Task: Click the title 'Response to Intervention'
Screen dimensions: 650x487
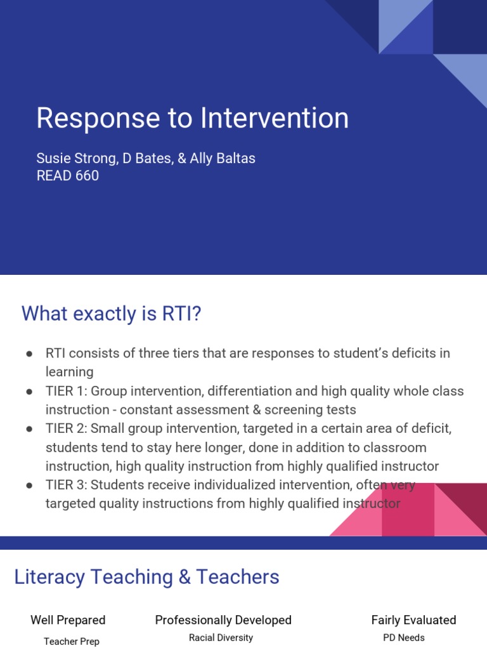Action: click(192, 119)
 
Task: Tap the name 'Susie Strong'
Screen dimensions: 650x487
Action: click(77, 158)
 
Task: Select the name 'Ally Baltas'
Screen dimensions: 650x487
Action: click(223, 158)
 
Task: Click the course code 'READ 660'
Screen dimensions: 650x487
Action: click(68, 176)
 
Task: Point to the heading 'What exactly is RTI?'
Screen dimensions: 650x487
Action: click(111, 313)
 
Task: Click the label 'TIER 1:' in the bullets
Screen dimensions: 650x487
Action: click(66, 391)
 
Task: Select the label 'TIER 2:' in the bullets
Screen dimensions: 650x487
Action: click(67, 429)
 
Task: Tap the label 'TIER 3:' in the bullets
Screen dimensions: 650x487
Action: click(67, 486)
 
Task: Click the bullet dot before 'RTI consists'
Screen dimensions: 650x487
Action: click(30, 354)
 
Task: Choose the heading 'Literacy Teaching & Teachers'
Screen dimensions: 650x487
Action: click(146, 577)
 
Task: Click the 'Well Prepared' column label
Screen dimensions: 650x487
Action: click(68, 620)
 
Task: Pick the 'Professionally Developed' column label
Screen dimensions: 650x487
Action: click(223, 620)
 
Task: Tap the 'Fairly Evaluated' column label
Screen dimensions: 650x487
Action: click(413, 620)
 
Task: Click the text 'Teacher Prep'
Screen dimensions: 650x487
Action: click(72, 642)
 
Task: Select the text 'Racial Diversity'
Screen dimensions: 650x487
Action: click(221, 638)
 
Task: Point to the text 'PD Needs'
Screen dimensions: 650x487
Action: click(404, 638)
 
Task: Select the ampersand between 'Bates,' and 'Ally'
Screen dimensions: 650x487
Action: click(182, 158)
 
